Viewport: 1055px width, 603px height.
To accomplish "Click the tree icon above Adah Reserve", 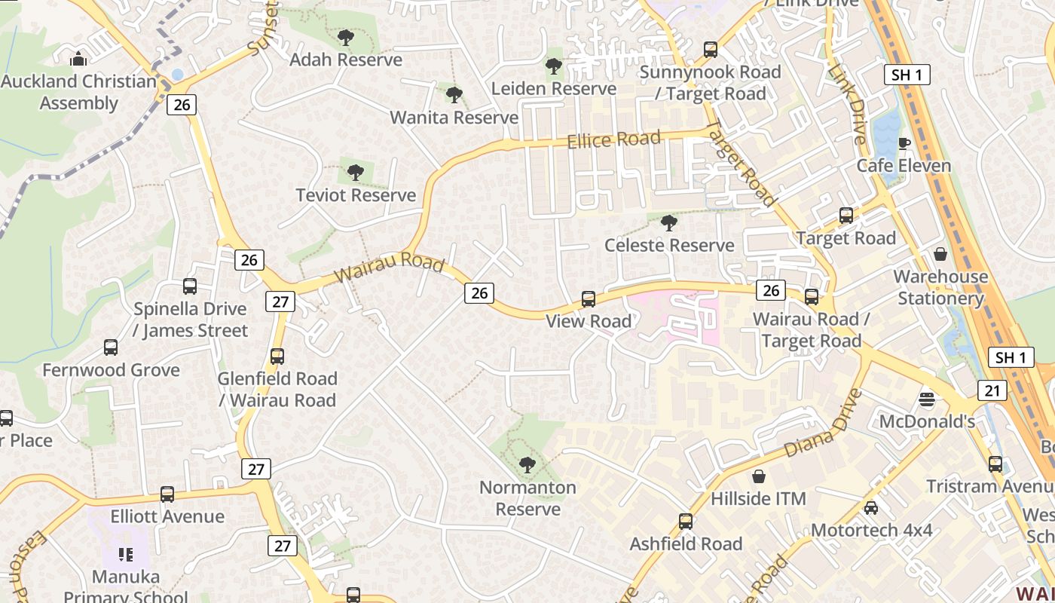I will tap(346, 37).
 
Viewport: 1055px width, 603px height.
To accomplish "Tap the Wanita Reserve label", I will tap(454, 118).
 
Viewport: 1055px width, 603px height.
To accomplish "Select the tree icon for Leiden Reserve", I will tap(554, 66).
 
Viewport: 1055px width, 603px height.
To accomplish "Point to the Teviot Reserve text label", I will tap(356, 195).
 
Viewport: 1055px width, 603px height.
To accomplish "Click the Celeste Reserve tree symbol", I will tap(668, 222).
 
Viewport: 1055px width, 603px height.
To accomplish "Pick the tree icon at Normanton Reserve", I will tap(527, 464).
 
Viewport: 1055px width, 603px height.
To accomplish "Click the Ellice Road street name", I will tap(613, 139).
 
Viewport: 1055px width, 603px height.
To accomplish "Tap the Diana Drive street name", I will tap(823, 424).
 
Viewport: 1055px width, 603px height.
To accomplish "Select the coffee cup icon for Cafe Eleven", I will tap(904, 143).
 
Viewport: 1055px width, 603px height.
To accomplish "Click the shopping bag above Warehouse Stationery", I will tap(940, 254).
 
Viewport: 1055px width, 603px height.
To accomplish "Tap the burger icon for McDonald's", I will tap(927, 398).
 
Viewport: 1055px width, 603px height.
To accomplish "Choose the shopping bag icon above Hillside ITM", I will tap(759, 476).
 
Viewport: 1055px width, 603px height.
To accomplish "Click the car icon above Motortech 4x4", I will tap(871, 508).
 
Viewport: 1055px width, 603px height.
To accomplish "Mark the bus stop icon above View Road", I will tap(589, 299).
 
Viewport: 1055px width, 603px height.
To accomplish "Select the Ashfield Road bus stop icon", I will tap(686, 522).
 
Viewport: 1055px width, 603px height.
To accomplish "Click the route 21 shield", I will tap(992, 390).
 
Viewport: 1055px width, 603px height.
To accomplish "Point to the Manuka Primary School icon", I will tap(126, 555).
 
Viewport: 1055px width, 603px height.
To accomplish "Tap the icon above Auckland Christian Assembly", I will tap(78, 59).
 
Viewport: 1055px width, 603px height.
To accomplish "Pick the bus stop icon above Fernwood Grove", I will tap(111, 347).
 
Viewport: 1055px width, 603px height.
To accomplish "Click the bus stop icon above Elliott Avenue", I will tap(167, 494).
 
